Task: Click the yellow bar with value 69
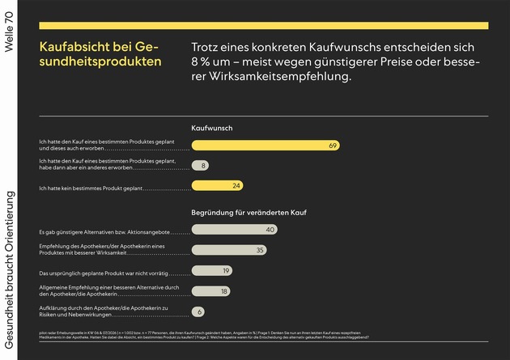(x=265, y=146)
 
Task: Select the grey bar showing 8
(x=200, y=166)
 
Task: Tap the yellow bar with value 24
(x=218, y=186)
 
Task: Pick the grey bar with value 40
(x=236, y=230)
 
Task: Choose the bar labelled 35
(x=230, y=250)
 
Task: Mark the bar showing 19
(x=213, y=271)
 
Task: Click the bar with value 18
(x=211, y=290)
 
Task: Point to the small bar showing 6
(x=198, y=311)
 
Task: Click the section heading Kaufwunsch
(x=211, y=129)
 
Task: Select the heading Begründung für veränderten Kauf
(x=247, y=213)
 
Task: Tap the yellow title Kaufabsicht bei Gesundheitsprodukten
(x=100, y=55)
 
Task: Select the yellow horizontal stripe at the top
(x=263, y=26)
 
